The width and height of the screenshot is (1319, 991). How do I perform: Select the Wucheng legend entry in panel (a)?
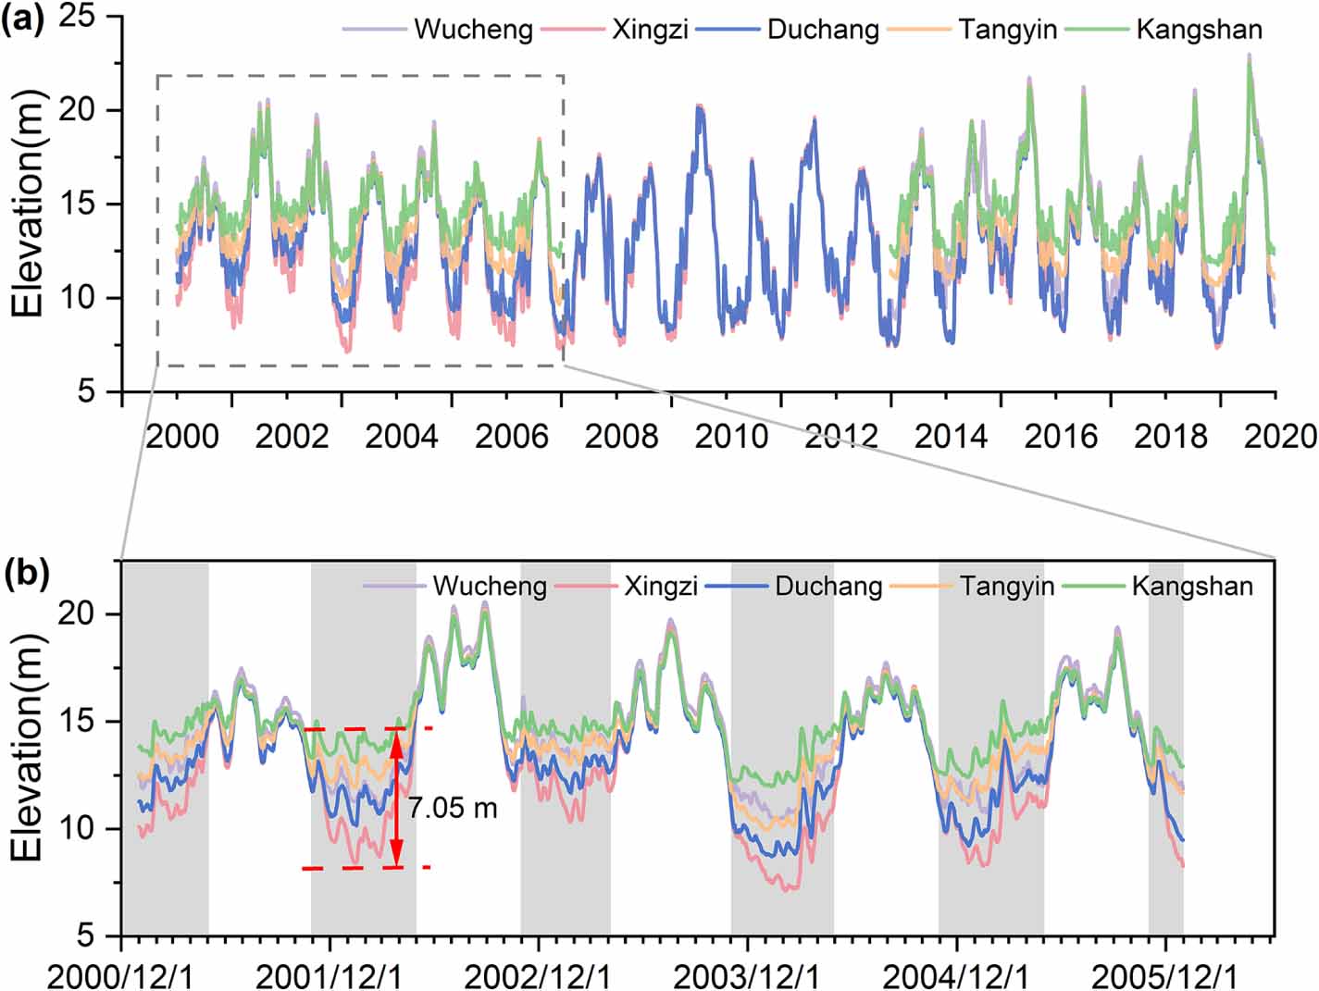pyautogui.click(x=472, y=30)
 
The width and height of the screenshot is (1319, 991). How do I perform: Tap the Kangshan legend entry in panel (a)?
pyautogui.click(x=1199, y=30)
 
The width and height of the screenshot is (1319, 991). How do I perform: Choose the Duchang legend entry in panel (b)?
pyautogui.click(x=828, y=587)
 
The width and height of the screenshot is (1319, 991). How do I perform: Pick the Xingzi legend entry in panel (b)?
pyautogui.click(x=660, y=587)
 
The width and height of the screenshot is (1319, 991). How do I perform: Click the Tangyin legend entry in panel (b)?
pyautogui.click(x=1007, y=587)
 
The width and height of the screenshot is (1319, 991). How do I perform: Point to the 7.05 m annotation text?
pyautogui.click(x=453, y=808)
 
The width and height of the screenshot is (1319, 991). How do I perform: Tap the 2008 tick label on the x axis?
pyautogui.click(x=621, y=436)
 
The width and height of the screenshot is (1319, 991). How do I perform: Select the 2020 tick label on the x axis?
pyautogui.click(x=1280, y=436)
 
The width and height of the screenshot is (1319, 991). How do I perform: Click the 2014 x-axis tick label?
pyautogui.click(x=951, y=436)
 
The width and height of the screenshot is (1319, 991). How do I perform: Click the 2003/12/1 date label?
pyautogui.click(x=746, y=975)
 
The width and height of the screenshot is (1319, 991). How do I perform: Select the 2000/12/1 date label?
pyautogui.click(x=121, y=975)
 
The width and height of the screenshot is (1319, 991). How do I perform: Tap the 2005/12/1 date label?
pyautogui.click(x=1163, y=975)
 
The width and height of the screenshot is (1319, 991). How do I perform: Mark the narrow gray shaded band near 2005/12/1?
pyautogui.click(x=1165, y=748)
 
